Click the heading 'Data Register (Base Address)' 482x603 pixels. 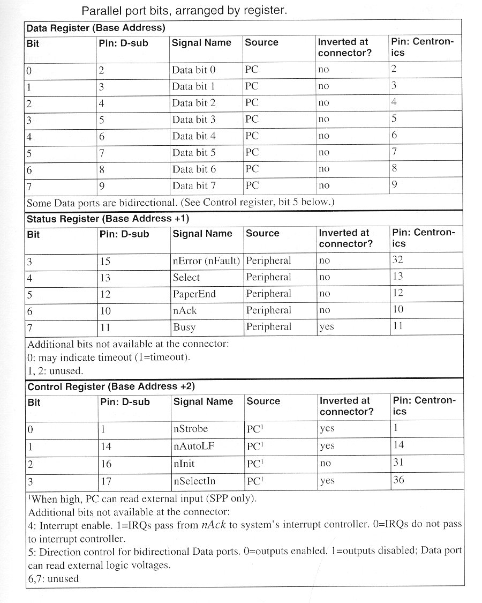(95, 28)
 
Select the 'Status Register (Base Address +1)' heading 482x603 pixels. (108, 219)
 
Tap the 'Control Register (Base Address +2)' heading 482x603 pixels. (110, 386)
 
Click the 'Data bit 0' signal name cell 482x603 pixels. (193, 70)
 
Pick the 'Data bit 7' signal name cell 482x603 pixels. (193, 186)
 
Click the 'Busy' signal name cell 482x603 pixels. (184, 327)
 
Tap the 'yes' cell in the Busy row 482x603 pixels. (326, 327)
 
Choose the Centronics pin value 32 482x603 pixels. (397, 260)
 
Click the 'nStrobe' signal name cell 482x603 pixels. (190, 429)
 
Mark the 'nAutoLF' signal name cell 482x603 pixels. (193, 446)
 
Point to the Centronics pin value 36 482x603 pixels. (398, 480)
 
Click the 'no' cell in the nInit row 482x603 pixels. (325, 464)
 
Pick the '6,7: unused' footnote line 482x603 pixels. (53, 579)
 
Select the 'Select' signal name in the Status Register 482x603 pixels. (186, 278)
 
